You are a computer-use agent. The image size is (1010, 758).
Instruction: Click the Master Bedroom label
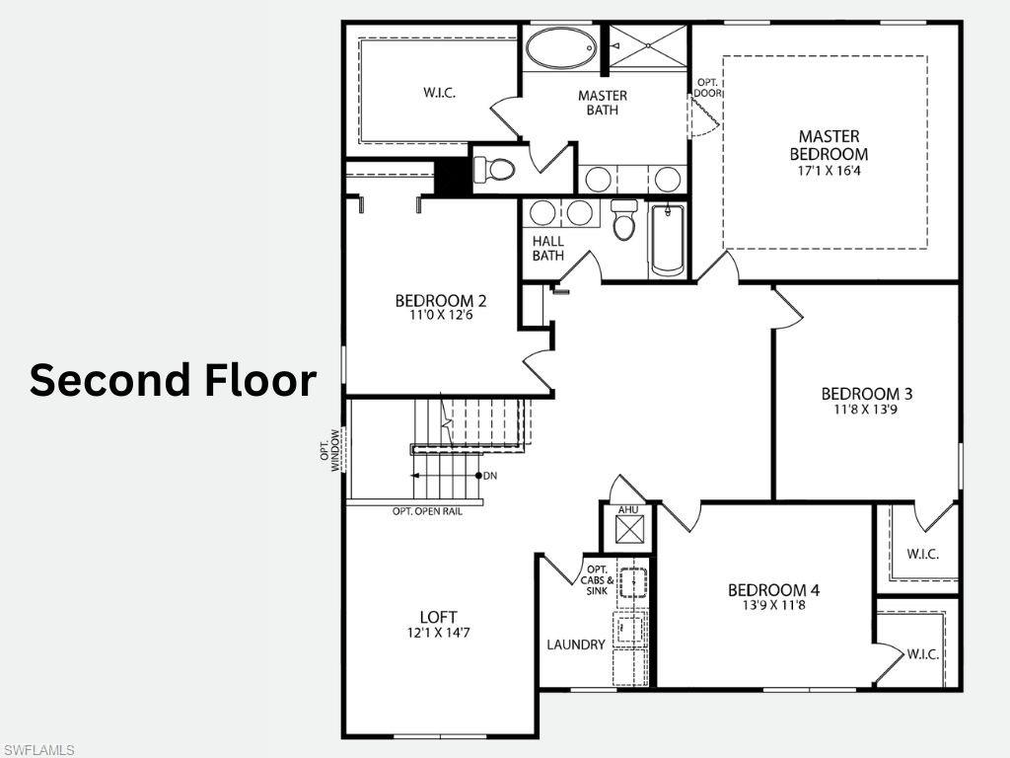point(829,145)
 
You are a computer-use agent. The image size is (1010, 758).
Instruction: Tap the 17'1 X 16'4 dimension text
point(829,171)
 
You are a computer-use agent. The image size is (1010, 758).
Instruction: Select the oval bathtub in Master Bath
point(559,46)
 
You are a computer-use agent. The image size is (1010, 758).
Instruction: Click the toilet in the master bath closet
point(495,170)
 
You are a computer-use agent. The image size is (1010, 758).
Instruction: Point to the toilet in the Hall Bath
point(623,222)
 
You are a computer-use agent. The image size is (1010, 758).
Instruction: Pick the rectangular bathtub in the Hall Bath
point(668,239)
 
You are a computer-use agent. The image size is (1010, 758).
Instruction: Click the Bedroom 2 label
point(441,300)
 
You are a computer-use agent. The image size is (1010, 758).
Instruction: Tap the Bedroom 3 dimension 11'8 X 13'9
point(859,410)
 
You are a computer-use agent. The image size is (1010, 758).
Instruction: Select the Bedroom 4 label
point(773,590)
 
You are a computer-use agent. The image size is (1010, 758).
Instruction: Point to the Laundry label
point(576,644)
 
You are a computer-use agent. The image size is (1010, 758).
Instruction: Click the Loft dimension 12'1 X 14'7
point(437,633)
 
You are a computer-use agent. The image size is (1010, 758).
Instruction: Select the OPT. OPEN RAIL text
point(427,511)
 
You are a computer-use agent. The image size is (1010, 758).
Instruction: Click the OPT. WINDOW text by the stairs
point(329,449)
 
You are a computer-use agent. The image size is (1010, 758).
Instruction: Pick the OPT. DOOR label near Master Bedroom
point(708,87)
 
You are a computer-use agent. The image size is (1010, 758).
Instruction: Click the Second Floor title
point(173,380)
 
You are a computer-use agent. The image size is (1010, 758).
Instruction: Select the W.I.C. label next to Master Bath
point(439,93)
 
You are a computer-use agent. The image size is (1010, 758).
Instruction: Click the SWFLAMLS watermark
point(38,750)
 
